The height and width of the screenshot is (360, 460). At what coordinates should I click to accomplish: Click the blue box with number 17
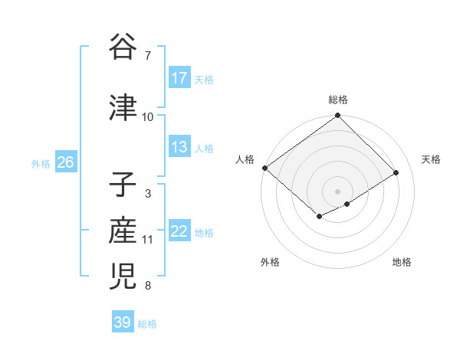(179, 78)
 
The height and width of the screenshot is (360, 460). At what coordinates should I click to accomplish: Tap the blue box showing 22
(179, 232)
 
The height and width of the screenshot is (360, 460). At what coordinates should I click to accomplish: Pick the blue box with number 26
(65, 162)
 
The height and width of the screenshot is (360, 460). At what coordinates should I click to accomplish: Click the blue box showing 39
(123, 322)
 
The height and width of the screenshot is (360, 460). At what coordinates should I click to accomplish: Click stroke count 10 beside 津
(148, 117)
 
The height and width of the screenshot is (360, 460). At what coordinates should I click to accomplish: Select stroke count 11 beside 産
(148, 240)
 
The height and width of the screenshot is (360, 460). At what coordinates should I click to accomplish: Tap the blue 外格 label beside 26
(41, 163)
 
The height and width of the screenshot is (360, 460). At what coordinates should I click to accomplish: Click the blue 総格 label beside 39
(147, 323)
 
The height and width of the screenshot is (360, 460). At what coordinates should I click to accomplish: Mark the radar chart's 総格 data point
(337, 116)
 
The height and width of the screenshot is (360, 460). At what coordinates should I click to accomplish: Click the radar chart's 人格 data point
(264, 168)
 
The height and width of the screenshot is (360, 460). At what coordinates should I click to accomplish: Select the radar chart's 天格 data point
(396, 172)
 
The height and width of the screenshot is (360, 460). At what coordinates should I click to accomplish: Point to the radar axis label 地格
(402, 263)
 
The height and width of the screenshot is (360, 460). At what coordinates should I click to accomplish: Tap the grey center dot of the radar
(337, 191)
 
